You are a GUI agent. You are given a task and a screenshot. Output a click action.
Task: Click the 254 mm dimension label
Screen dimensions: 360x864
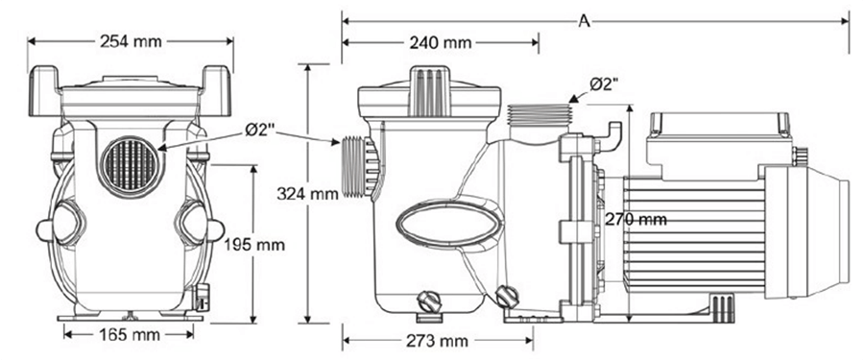tap(131, 40)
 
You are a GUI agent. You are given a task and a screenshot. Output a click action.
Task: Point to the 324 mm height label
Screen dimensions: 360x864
tap(309, 193)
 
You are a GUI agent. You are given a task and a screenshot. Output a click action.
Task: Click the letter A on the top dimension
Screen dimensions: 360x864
tap(584, 18)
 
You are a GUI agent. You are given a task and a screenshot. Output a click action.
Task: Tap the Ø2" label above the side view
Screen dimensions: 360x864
tap(601, 84)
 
